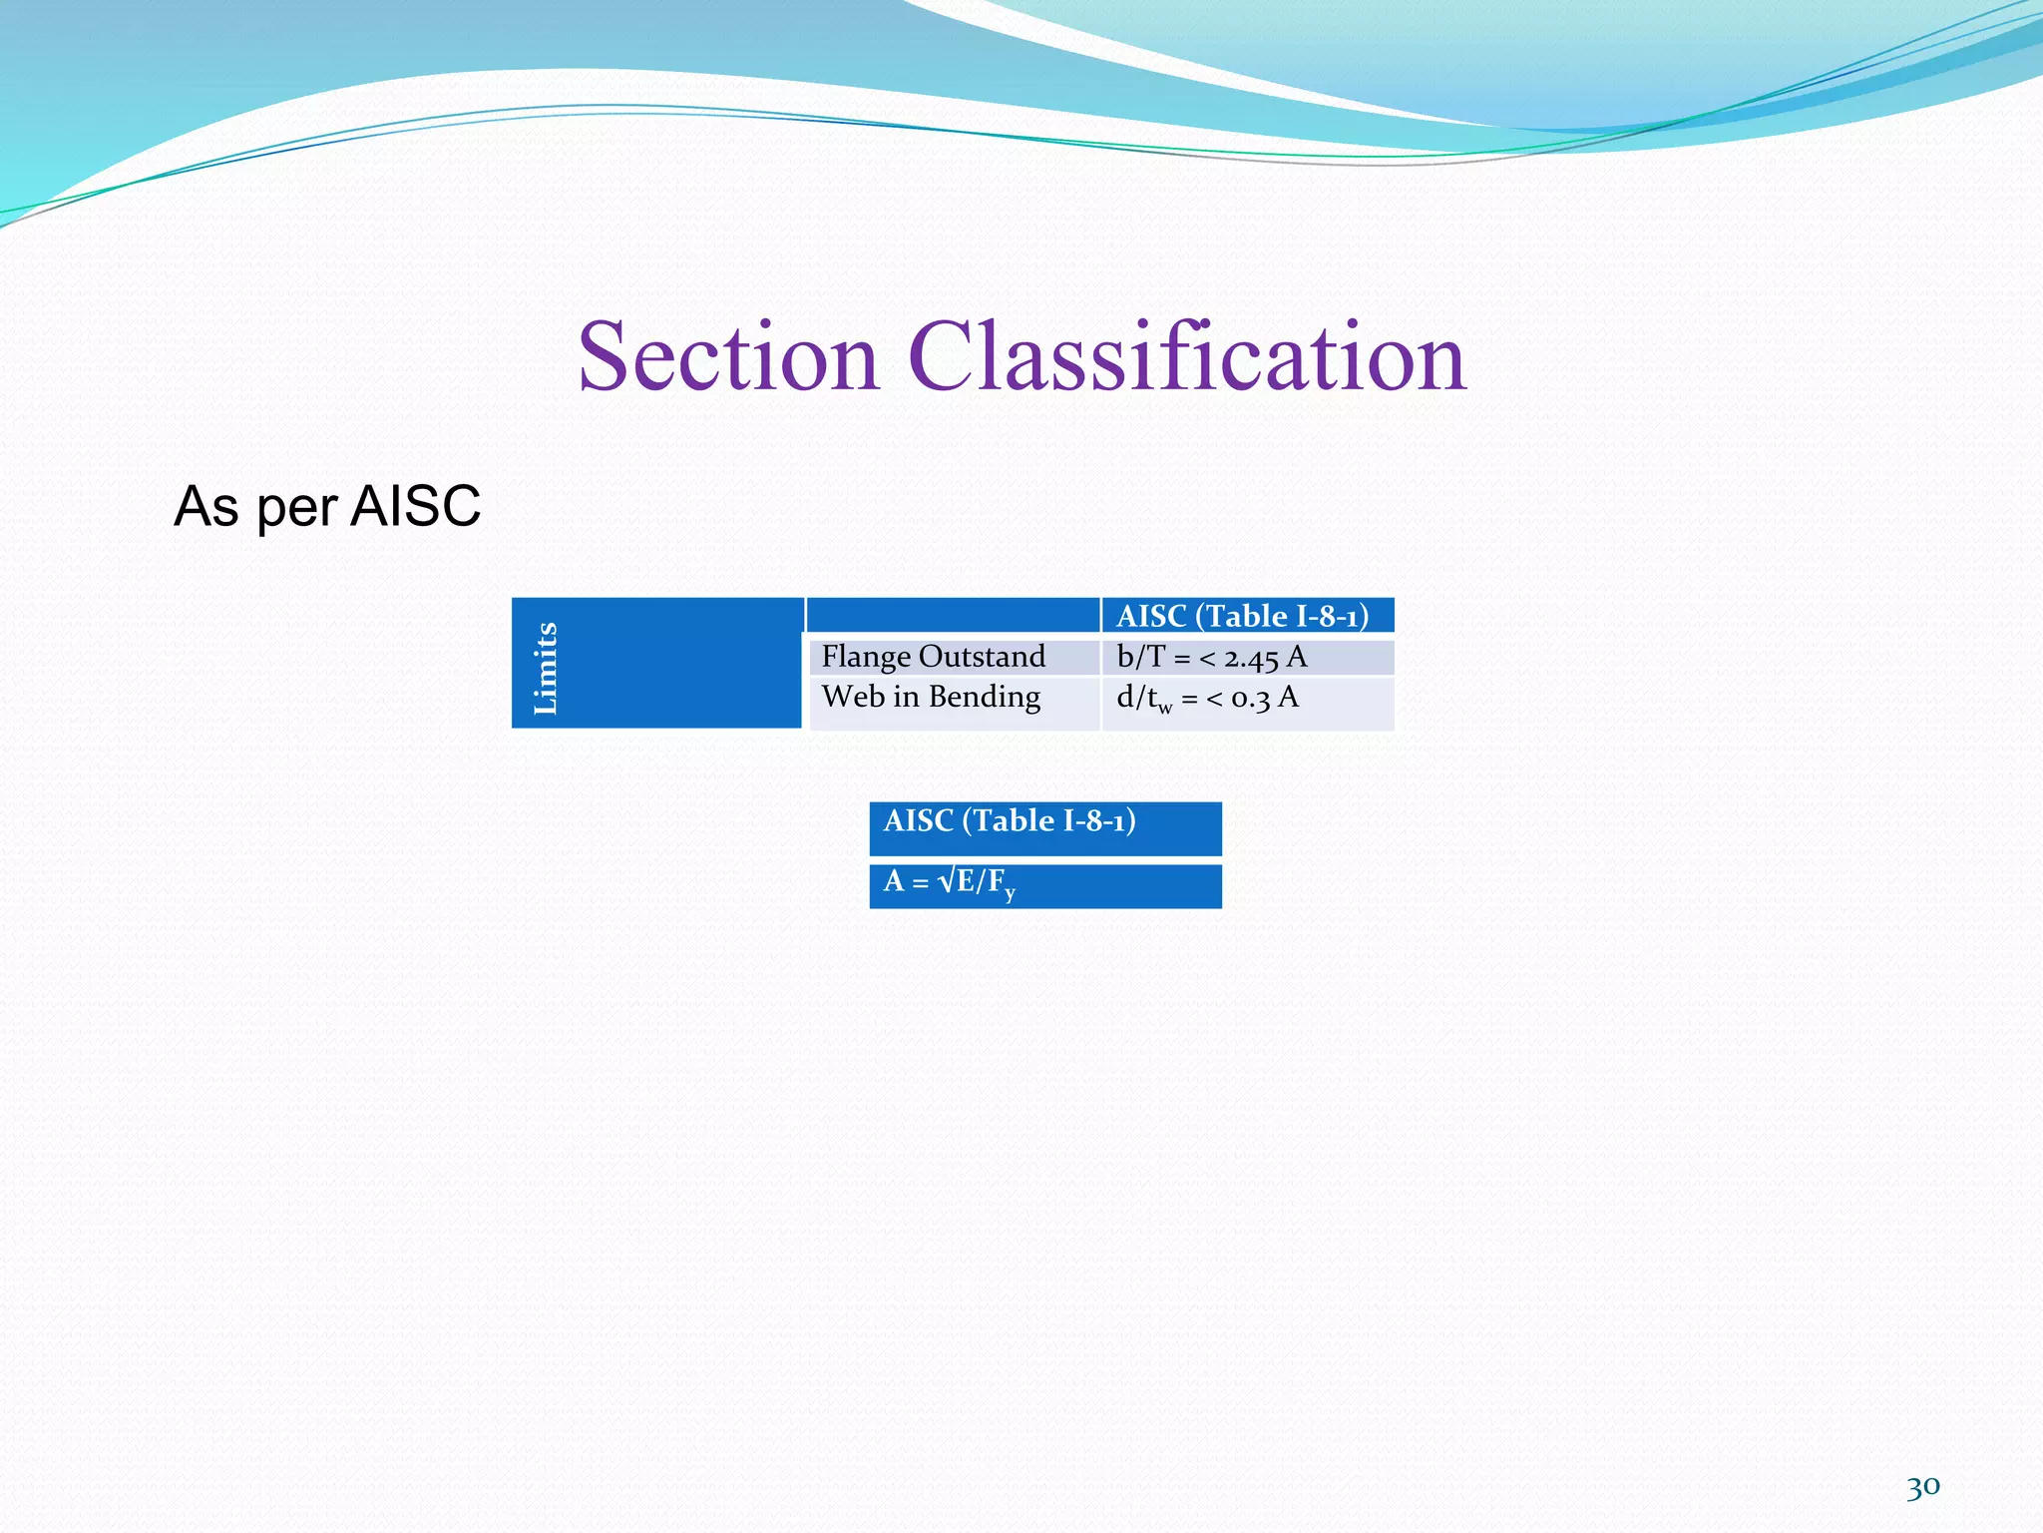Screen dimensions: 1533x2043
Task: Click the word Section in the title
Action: pyautogui.click(x=728, y=357)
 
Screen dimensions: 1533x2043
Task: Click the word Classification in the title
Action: pyautogui.click(x=1186, y=357)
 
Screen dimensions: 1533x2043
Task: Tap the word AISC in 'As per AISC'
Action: pyautogui.click(x=416, y=506)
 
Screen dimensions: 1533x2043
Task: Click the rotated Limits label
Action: pyautogui.click(x=546, y=667)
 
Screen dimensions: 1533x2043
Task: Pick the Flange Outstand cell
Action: pyautogui.click(x=933, y=657)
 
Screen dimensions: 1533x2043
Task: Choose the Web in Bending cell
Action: pyautogui.click(x=931, y=697)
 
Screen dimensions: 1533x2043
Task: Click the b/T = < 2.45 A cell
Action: pyautogui.click(x=1211, y=658)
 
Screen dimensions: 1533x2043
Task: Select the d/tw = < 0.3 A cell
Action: pyautogui.click(x=1207, y=698)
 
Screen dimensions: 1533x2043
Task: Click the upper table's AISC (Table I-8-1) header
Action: pyautogui.click(x=1242, y=616)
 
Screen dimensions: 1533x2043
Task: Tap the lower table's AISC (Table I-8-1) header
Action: pyautogui.click(x=1010, y=821)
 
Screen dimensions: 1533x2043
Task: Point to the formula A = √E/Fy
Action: pyautogui.click(x=949, y=882)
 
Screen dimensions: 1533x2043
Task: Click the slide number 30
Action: pyautogui.click(x=1922, y=1488)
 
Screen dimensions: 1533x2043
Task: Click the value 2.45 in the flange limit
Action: pyautogui.click(x=1251, y=659)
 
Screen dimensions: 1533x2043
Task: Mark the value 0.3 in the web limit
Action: pyautogui.click(x=1251, y=698)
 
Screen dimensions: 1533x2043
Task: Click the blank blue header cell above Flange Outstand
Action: pyautogui.click(x=953, y=615)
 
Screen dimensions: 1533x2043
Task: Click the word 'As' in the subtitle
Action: pyautogui.click(x=206, y=506)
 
